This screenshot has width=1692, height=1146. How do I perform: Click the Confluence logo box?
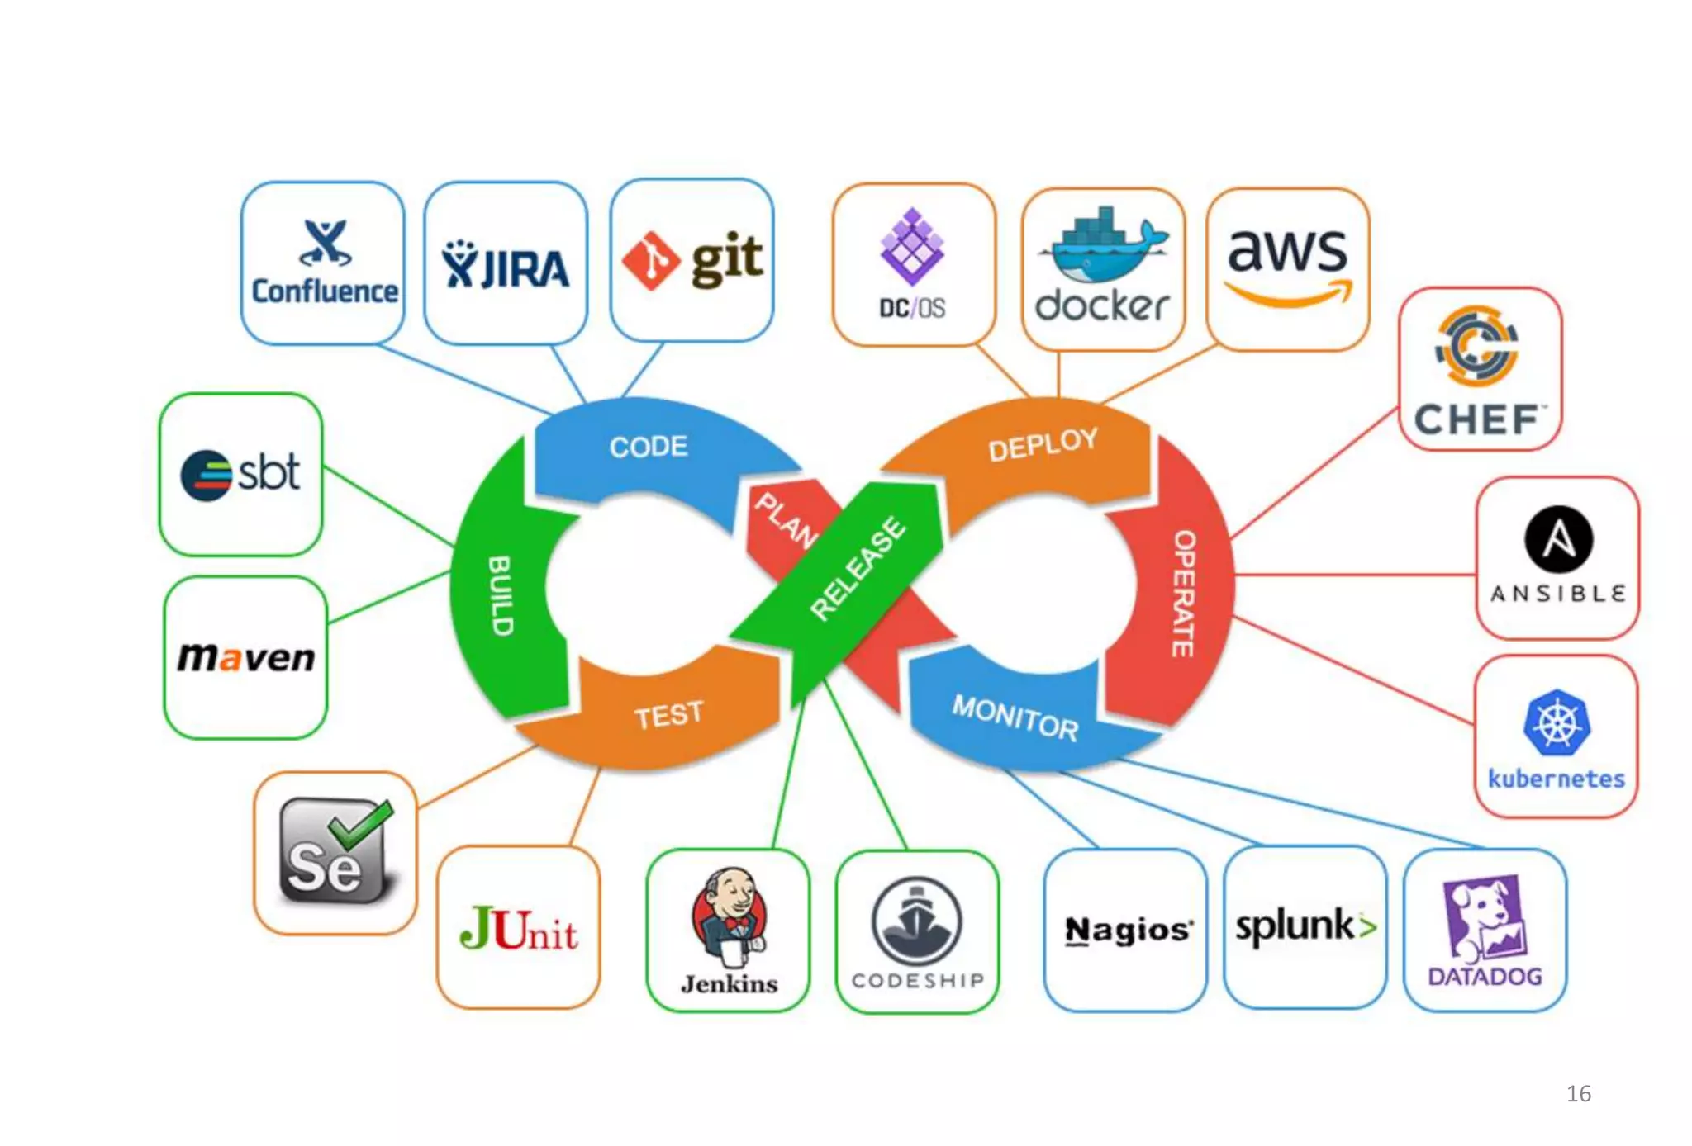[x=323, y=263]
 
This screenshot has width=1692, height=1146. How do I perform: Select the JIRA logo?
[x=506, y=266]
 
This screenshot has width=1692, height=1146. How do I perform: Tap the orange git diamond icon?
[x=651, y=261]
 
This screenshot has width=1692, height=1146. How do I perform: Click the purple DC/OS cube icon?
[x=912, y=247]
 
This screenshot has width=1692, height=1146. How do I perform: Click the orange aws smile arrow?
[x=1289, y=294]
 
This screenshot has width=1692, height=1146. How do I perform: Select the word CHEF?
[x=1477, y=420]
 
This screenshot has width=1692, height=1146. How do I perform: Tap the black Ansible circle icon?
[x=1558, y=540]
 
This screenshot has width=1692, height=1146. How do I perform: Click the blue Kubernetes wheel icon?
[x=1557, y=723]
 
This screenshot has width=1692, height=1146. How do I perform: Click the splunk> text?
[x=1305, y=926]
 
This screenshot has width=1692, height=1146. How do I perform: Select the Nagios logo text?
[x=1128, y=931]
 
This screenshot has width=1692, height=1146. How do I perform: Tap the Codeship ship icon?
[x=917, y=921]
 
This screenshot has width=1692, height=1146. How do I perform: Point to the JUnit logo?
[x=519, y=930]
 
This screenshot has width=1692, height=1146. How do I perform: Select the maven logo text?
[x=246, y=657]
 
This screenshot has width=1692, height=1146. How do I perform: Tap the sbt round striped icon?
[x=206, y=475]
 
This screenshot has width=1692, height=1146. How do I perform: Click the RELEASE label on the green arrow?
[x=858, y=568]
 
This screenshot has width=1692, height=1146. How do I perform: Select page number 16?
[x=1578, y=1094]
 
